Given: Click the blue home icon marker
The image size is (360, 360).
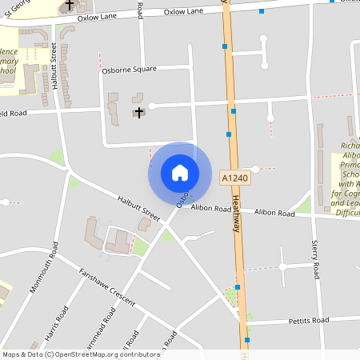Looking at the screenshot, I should (180, 172).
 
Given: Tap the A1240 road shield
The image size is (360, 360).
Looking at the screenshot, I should (234, 177).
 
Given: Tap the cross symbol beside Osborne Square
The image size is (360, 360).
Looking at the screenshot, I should (140, 111).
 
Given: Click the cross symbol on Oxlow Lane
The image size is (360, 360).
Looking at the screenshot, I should (70, 5).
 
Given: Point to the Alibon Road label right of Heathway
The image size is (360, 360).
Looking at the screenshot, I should (275, 212).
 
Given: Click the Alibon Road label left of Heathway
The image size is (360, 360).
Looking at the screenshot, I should (210, 209).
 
